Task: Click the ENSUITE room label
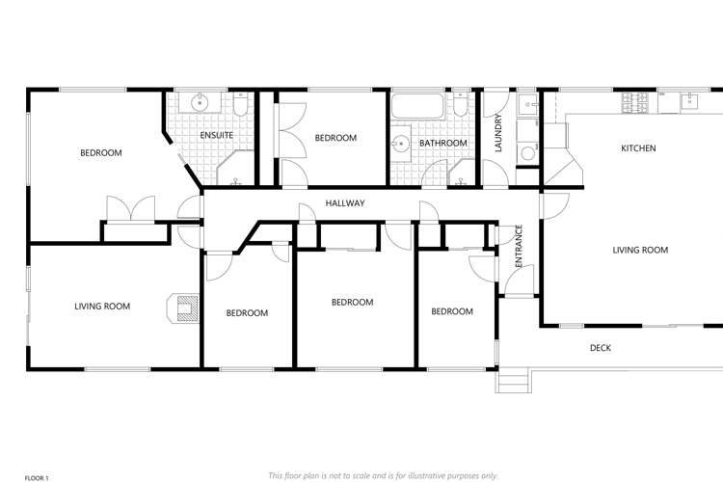pyautogui.click(x=216, y=135)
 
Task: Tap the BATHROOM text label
pyautogui.click(x=442, y=144)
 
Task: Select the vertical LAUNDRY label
pyautogui.click(x=498, y=133)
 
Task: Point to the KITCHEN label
pyautogui.click(x=638, y=148)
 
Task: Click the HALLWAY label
pyautogui.click(x=344, y=203)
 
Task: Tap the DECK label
pyautogui.click(x=600, y=348)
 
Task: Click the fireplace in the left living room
pyautogui.click(x=182, y=307)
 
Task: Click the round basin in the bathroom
pyautogui.click(x=400, y=145)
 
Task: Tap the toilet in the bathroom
pyautogui.click(x=462, y=104)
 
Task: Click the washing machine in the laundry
pyautogui.click(x=526, y=152)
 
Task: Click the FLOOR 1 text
pyautogui.click(x=36, y=476)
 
